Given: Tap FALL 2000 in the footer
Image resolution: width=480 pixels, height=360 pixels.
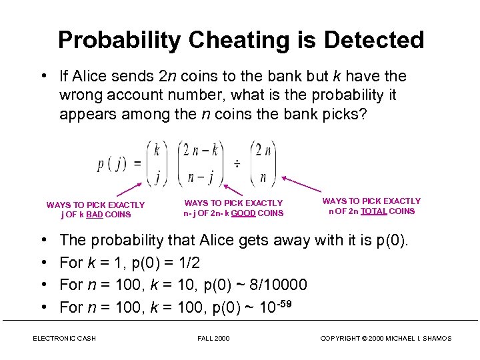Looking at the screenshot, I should [214, 339].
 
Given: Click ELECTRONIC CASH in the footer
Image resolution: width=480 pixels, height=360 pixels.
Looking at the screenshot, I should [64, 339].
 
